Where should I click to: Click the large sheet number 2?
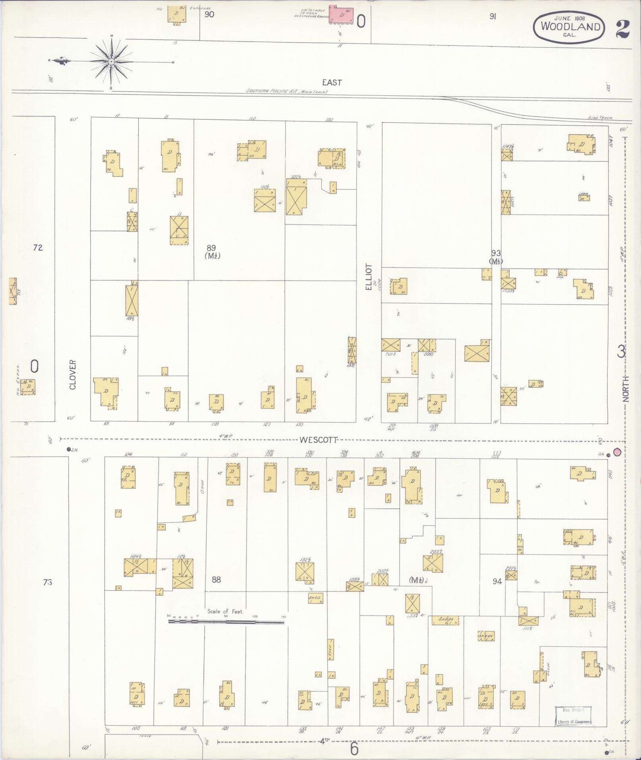[623, 28]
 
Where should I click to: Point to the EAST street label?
[332, 82]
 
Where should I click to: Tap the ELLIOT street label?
[369, 277]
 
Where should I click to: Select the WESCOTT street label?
[319, 440]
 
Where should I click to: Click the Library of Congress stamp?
[573, 716]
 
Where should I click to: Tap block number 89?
[211, 248]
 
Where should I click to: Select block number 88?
[216, 580]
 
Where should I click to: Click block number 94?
[497, 581]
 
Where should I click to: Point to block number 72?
[38, 248]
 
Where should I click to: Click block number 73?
[47, 582]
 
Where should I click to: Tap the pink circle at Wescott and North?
[617, 452]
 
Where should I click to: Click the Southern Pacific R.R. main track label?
[286, 91]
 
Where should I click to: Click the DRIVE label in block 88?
[202, 485]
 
